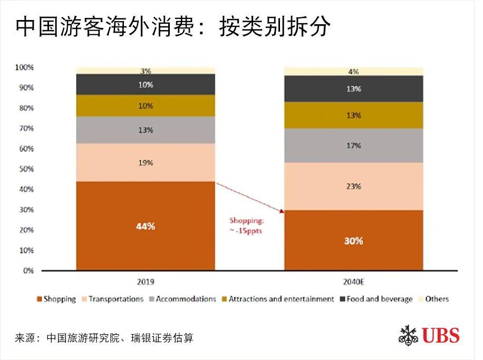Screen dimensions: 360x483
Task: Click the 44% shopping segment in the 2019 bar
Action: tap(145, 226)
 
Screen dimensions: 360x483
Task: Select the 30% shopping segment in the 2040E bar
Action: tap(353, 240)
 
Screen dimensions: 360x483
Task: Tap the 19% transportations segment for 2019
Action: tap(145, 163)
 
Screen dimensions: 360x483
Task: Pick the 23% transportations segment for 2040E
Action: tap(353, 186)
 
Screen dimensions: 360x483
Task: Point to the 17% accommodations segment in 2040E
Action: tap(353, 145)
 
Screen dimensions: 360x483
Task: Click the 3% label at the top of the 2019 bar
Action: tap(146, 71)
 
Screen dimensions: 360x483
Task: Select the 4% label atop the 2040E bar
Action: tap(353, 71)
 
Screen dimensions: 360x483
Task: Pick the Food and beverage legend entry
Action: tap(375, 299)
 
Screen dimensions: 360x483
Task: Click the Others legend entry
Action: tap(432, 299)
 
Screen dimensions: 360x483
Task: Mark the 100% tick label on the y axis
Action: tap(24, 67)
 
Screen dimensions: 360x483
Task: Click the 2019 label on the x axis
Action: tap(146, 281)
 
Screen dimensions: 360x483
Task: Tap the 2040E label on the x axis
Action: tap(354, 281)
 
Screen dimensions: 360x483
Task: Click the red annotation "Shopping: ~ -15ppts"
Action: tap(246, 226)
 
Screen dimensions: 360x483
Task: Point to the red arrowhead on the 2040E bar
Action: tap(282, 211)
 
